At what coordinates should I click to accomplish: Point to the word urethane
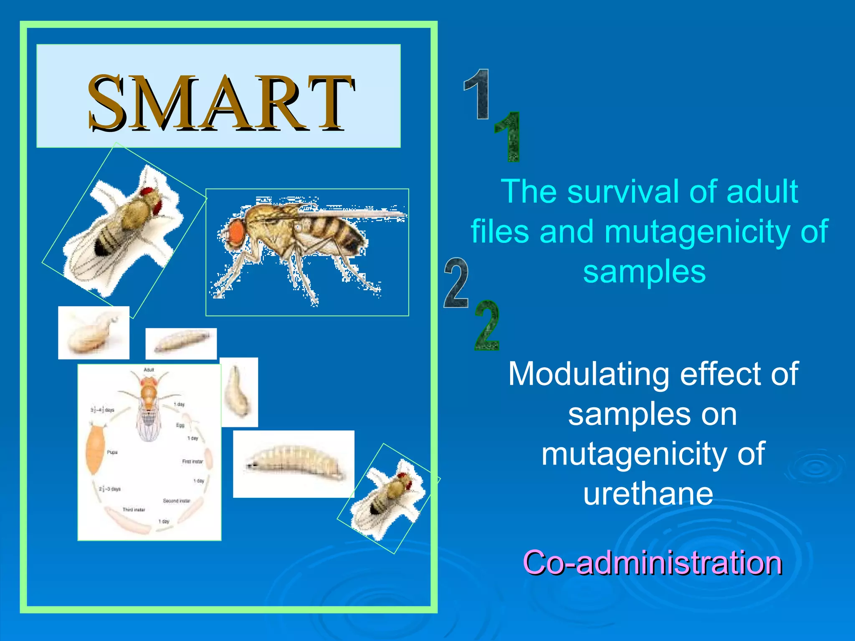[648, 494]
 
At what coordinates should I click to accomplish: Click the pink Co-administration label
[652, 563]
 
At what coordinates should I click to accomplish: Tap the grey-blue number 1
[477, 94]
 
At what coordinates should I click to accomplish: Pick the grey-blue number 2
[456, 283]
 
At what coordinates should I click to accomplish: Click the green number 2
[487, 326]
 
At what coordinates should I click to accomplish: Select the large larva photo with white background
[293, 464]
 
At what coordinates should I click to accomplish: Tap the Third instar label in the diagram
[134, 510]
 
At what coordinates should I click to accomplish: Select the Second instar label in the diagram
[176, 501]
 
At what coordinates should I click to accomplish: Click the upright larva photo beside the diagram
[238, 392]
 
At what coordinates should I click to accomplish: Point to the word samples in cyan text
[644, 272]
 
